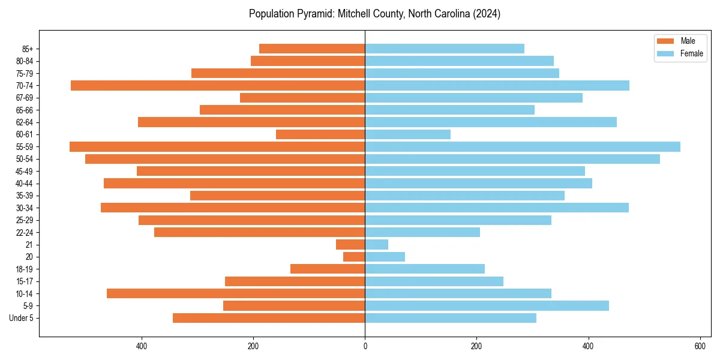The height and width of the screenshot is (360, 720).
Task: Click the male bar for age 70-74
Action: coord(218,85)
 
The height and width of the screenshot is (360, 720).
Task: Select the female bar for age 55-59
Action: coord(522,146)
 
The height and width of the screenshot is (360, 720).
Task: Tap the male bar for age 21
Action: coord(350,244)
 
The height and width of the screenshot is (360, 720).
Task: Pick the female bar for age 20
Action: coord(385,257)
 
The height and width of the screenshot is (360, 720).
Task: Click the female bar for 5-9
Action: coord(487,305)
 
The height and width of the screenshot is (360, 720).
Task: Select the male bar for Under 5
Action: coord(269,318)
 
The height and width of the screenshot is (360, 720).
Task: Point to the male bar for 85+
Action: coord(312,49)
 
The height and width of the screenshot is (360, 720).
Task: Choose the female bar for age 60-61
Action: coord(407,134)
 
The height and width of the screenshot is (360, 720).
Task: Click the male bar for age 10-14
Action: coord(236,293)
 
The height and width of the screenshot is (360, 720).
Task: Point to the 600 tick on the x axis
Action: coord(700,346)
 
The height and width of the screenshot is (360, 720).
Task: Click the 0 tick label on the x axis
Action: coord(365,346)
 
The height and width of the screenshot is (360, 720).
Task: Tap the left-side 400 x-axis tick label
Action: coord(142,346)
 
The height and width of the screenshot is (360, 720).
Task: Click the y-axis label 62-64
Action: coord(25,122)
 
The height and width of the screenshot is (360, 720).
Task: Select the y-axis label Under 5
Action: coord(22,318)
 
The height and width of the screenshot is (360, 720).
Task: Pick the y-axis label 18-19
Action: coord(25,269)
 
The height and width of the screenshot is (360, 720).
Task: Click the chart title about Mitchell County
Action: coord(374,14)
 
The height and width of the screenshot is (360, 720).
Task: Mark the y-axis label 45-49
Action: coord(25,171)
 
